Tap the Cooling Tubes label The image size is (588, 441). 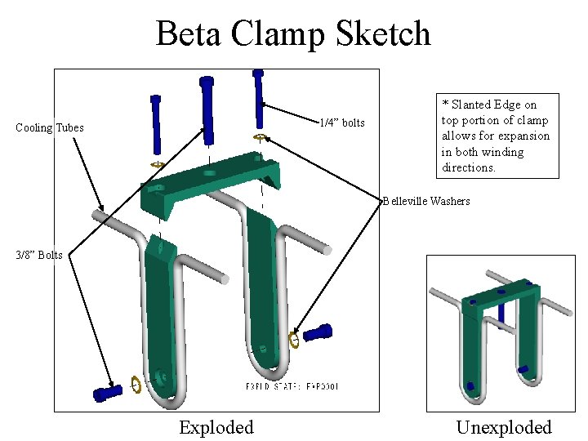[50, 127]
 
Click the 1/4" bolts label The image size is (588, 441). [341, 122]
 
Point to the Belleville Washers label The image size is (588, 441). [426, 201]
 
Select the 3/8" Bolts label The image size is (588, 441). [39, 255]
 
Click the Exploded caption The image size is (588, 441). [216, 427]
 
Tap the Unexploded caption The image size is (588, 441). [504, 427]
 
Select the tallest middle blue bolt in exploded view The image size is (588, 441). [208, 106]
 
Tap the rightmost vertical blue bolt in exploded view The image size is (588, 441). [259, 98]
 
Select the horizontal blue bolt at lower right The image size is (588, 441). [318, 332]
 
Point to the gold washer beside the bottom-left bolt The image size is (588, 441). [136, 385]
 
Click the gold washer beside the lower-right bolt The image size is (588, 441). [294, 339]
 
